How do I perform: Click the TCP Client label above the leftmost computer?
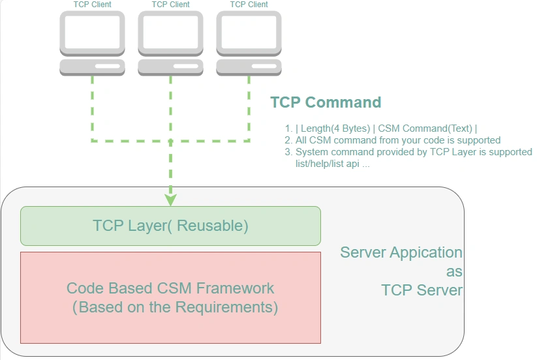click(92, 5)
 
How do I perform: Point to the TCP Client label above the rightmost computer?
click(249, 5)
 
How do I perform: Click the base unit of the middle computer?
click(170, 67)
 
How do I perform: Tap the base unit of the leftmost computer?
click(92, 67)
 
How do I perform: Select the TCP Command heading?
click(326, 102)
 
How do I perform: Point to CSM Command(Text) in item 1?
click(425, 128)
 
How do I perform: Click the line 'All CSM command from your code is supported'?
click(398, 140)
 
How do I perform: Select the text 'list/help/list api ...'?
click(333, 164)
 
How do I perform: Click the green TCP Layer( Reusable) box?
click(170, 226)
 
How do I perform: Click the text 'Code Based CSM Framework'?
click(170, 288)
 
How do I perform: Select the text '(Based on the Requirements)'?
click(175, 307)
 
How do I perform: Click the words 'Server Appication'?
click(401, 253)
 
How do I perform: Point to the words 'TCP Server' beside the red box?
click(422, 290)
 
